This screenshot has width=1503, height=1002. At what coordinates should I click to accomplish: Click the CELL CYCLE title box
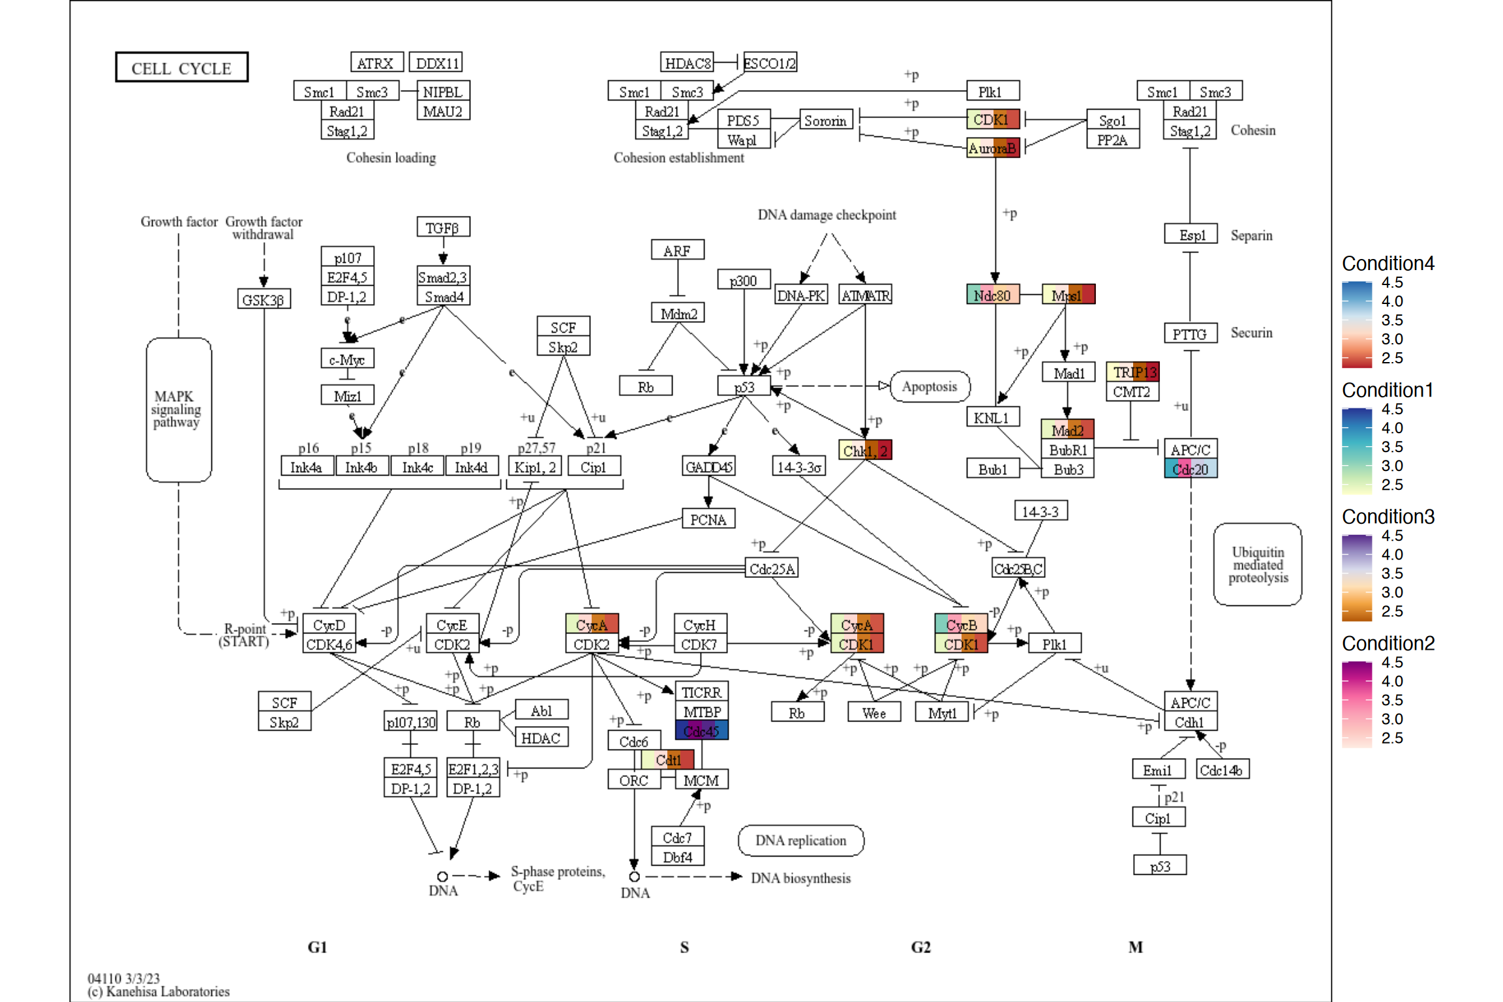181,68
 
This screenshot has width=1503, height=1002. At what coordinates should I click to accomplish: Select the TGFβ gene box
443,228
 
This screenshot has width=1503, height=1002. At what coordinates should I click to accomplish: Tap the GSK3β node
264,299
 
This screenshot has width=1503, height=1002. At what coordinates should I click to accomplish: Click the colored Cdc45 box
701,731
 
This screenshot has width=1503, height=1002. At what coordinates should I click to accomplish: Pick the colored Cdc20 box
1190,469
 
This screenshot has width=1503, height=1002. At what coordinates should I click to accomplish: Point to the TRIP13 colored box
1132,372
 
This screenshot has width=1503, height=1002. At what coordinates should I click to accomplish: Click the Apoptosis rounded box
929,386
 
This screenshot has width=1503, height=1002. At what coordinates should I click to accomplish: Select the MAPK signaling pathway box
178,410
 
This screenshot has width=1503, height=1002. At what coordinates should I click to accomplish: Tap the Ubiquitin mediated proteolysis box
1257,564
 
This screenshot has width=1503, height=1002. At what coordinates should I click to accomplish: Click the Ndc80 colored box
992,295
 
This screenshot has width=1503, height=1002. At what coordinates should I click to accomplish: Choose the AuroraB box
992,148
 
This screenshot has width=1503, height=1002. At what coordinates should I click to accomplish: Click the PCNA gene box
708,519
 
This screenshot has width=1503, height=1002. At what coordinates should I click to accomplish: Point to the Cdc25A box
771,568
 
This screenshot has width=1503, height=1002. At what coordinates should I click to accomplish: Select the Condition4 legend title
1388,264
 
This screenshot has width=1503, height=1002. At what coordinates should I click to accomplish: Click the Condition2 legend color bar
1356,705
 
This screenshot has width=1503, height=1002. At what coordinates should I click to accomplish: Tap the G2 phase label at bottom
920,947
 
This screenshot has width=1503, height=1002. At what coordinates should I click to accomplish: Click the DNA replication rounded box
800,840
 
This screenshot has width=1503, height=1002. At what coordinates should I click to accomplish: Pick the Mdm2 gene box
678,314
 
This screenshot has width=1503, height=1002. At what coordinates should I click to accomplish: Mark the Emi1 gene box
1157,770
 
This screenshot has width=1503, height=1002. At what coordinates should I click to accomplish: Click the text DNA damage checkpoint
826,215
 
